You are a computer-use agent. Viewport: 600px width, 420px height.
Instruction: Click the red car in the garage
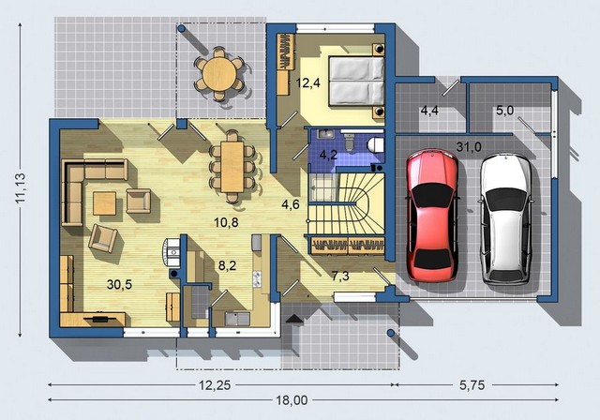[432, 217]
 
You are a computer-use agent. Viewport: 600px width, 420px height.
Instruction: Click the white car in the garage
[506, 218]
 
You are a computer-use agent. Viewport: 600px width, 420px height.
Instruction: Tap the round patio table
[219, 74]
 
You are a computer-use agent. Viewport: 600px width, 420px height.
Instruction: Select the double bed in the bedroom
[356, 81]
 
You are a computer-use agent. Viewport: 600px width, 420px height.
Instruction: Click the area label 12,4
[308, 82]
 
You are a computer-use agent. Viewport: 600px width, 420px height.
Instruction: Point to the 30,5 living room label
[119, 284]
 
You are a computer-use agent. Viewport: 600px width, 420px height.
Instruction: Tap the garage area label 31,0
[469, 146]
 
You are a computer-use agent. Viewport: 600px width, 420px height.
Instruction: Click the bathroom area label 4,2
[328, 155]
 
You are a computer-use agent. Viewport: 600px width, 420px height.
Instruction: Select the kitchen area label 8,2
[227, 265]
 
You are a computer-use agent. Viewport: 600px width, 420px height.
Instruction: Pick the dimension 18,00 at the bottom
[292, 400]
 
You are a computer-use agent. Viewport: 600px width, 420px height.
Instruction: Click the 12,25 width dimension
[215, 385]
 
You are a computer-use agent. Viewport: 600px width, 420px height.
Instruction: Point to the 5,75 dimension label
[472, 384]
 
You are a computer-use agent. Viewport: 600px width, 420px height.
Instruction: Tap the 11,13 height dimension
[21, 187]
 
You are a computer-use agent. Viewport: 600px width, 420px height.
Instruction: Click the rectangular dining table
[232, 167]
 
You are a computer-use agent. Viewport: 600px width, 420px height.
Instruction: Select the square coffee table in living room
[104, 203]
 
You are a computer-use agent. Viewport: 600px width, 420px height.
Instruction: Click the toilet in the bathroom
[375, 145]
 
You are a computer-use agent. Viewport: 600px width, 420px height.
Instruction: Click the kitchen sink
[237, 319]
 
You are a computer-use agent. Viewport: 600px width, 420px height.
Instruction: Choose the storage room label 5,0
[505, 111]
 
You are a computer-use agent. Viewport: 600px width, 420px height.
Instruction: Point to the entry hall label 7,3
[340, 276]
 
